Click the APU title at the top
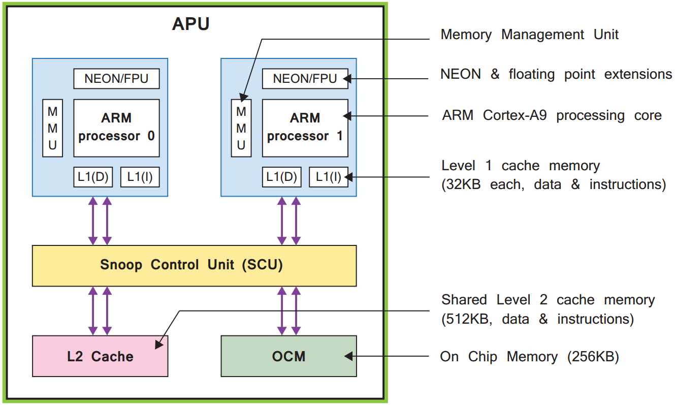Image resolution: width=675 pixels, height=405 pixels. coord(190,24)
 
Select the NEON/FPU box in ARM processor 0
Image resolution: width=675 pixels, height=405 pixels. coord(116,79)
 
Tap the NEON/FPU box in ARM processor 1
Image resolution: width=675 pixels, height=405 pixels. coord(305,79)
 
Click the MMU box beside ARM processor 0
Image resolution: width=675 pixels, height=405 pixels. coord(52,128)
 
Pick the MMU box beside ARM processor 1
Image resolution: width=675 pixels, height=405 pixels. coord(241,128)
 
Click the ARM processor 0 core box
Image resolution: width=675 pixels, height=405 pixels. coord(116,128)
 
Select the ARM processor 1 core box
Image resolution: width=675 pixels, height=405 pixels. coord(305,128)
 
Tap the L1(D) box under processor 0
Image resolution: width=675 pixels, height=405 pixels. coord(93,177)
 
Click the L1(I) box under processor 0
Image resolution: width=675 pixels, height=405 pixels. coord(140,177)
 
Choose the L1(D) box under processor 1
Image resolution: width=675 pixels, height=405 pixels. coord(281,177)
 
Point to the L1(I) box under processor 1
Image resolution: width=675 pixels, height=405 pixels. coord(328,177)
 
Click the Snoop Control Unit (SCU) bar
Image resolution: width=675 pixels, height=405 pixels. coord(194,265)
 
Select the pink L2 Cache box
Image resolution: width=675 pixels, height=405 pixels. coord(100,356)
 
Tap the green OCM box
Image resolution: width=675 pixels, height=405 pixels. coord(288,356)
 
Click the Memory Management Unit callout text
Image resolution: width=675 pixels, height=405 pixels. coord(529,35)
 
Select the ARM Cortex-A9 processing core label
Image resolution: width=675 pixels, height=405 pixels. coord(552,115)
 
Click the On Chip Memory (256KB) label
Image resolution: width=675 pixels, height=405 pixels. coord(529,357)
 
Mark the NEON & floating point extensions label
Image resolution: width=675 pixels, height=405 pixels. coord(556,74)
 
